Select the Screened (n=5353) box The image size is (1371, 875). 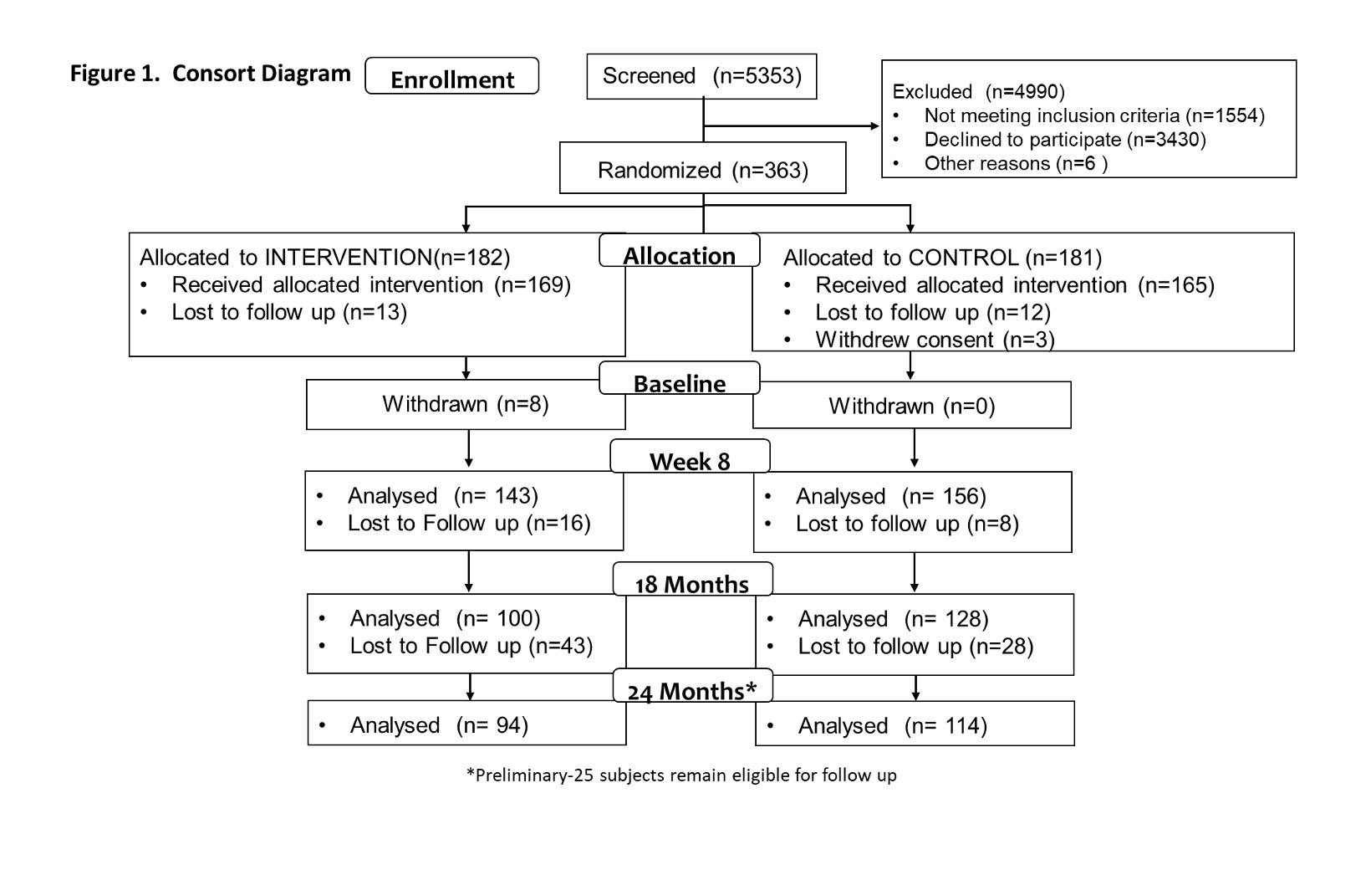[701, 76]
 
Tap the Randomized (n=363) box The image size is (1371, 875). [702, 168]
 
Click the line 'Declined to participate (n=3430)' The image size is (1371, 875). [1065, 140]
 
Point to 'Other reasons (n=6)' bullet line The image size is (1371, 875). [1016, 163]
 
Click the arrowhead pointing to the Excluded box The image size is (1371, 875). [875, 126]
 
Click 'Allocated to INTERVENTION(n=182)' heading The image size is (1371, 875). [325, 257]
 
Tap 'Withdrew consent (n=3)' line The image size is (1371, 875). [935, 340]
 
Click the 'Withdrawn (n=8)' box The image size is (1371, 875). [466, 404]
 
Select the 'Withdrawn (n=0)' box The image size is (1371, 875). [912, 406]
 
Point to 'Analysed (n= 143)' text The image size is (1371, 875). [443, 495]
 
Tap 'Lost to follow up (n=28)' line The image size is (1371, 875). [915, 646]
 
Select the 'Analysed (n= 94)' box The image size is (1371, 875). [467, 723]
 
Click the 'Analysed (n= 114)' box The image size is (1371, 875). [915, 724]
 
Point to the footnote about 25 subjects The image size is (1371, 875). [681, 775]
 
